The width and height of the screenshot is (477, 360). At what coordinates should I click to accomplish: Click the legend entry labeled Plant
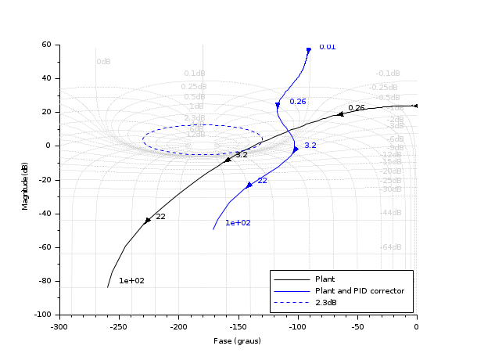(325, 279)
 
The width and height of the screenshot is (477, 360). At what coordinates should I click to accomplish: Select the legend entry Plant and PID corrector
(359, 290)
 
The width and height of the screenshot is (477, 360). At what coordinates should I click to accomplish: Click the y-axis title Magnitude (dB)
(25, 179)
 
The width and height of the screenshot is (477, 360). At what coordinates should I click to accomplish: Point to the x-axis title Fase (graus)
(237, 341)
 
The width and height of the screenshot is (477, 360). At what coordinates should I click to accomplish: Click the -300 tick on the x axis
(59, 326)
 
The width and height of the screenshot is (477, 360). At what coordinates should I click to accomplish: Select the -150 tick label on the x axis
(238, 326)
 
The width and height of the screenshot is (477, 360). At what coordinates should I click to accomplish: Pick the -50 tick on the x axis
(357, 326)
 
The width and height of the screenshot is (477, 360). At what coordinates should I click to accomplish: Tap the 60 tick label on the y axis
(45, 45)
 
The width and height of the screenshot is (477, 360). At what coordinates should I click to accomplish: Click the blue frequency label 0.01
(327, 47)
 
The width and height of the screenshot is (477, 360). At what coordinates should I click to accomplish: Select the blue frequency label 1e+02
(238, 223)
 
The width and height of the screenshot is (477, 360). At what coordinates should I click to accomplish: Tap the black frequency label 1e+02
(131, 280)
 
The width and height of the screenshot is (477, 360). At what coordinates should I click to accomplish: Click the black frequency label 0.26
(357, 108)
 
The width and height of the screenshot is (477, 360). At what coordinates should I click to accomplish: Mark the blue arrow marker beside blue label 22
(249, 185)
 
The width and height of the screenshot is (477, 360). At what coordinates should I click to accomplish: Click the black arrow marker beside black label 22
(148, 221)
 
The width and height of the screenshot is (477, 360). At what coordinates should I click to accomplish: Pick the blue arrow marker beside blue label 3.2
(296, 149)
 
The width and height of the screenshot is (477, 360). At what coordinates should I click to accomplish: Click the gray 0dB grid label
(103, 61)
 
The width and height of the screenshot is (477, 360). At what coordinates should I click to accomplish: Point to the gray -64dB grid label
(391, 247)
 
